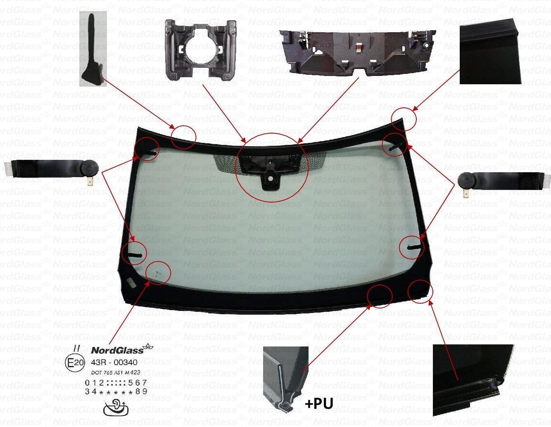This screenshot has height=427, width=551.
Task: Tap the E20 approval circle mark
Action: (x=75, y=363)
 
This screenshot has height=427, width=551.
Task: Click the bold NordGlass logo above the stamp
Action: (x=117, y=350)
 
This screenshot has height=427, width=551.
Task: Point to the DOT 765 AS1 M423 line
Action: (x=113, y=372)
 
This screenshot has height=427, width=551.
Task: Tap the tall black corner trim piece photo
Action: (x=93, y=49)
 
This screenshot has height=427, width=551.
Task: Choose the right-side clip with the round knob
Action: (x=503, y=181)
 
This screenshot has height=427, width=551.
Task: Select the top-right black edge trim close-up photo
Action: (x=490, y=54)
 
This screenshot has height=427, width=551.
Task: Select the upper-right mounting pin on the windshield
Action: (x=394, y=145)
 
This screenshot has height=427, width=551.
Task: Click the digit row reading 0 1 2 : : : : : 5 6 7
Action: (x=116, y=383)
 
